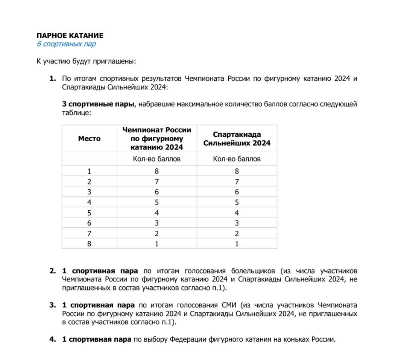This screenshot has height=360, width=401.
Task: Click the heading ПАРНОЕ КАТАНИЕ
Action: click(70, 36)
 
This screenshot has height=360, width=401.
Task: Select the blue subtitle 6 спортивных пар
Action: click(66, 44)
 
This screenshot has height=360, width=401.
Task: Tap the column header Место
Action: click(89, 139)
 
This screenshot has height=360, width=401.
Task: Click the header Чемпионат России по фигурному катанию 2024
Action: click(156, 138)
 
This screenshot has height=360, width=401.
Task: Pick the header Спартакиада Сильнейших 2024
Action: click(237, 139)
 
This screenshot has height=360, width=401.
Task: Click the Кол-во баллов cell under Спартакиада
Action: click(237, 159)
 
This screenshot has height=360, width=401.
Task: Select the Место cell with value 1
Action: click(89, 171)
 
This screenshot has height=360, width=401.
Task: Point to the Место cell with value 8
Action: click(89, 244)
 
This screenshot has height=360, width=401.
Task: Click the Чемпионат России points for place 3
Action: click(156, 192)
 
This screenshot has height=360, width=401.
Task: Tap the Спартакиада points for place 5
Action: click(237, 213)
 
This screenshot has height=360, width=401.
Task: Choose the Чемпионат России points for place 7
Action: click(156, 233)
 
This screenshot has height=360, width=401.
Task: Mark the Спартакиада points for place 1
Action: click(237, 171)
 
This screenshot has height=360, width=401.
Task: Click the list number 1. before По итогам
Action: click(53, 79)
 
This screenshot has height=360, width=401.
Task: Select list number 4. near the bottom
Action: click(53, 339)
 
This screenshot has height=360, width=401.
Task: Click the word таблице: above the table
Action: click(76, 112)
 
